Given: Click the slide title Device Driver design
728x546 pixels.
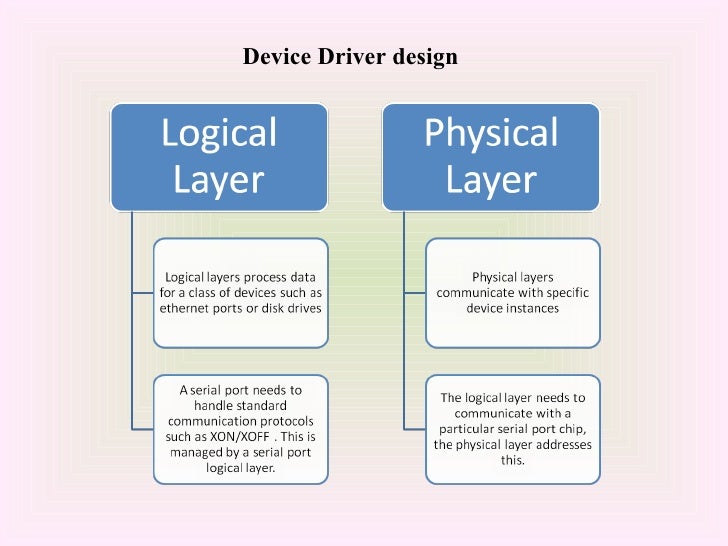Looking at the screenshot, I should point(350,57).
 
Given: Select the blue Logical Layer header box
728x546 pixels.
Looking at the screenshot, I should point(219,156).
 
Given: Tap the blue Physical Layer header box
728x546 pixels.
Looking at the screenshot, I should point(492,156).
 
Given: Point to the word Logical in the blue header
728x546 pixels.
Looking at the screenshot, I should point(219,133).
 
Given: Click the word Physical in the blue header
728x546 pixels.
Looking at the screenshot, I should point(492,133).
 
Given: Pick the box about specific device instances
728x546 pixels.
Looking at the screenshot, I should point(512,291).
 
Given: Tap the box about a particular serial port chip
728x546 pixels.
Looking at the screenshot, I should point(512,428).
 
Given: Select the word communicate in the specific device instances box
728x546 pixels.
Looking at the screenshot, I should point(477,293).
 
